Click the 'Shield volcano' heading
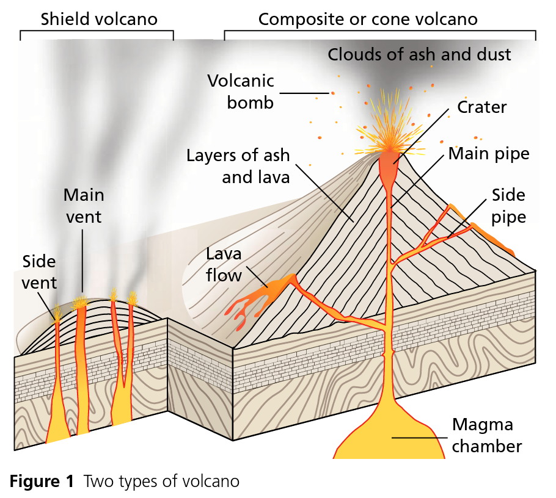[x=99, y=19]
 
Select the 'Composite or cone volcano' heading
[x=368, y=20]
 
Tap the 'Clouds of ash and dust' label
[x=419, y=54]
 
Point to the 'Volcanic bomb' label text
[x=241, y=92]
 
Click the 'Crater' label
[x=481, y=107]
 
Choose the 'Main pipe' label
[x=489, y=154]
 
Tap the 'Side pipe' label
[x=508, y=206]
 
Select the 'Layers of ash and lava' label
[x=238, y=166]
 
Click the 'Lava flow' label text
[x=224, y=265]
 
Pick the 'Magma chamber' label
[x=486, y=435]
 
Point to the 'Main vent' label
[x=84, y=206]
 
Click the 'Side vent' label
[x=39, y=272]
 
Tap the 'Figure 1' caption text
[x=42, y=481]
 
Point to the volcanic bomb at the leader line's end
[x=332, y=93]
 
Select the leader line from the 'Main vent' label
[x=82, y=261]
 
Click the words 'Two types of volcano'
[x=162, y=482]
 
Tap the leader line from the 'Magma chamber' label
[x=420, y=438]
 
